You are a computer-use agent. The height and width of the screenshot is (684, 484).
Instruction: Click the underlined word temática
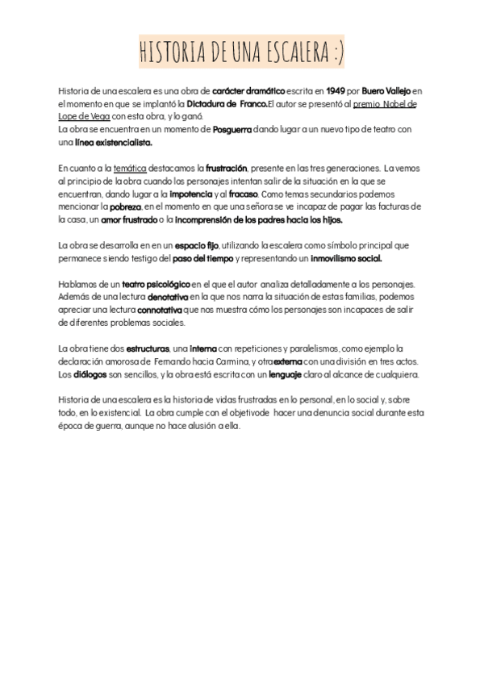130,168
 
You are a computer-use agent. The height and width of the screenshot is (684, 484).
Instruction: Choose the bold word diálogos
89,374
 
